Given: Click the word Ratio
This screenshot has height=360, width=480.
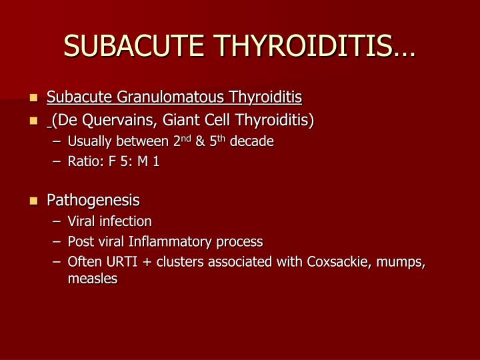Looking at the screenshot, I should (83, 161).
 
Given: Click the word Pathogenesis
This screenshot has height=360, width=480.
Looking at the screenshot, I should (93, 200).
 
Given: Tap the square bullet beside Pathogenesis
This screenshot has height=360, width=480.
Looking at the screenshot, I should (34, 201).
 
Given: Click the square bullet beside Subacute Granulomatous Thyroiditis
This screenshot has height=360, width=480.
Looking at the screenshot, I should (34, 99).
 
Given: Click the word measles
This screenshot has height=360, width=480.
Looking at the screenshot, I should (92, 279).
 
